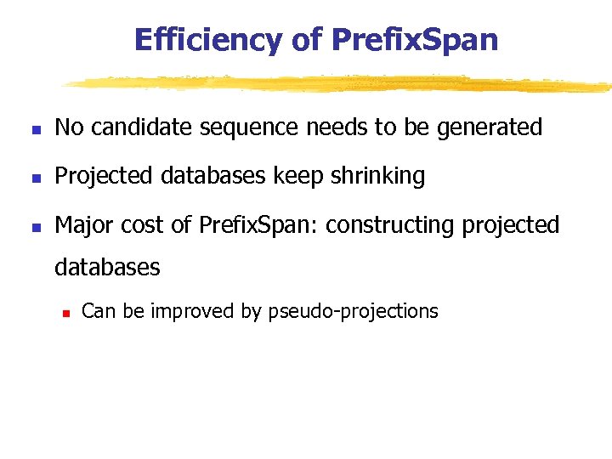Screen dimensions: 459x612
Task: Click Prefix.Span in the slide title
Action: pos(415,39)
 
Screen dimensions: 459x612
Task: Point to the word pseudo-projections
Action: pos(353,312)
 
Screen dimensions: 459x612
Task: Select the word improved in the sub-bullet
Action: pos(192,312)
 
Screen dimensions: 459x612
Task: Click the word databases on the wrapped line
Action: pos(107,268)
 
